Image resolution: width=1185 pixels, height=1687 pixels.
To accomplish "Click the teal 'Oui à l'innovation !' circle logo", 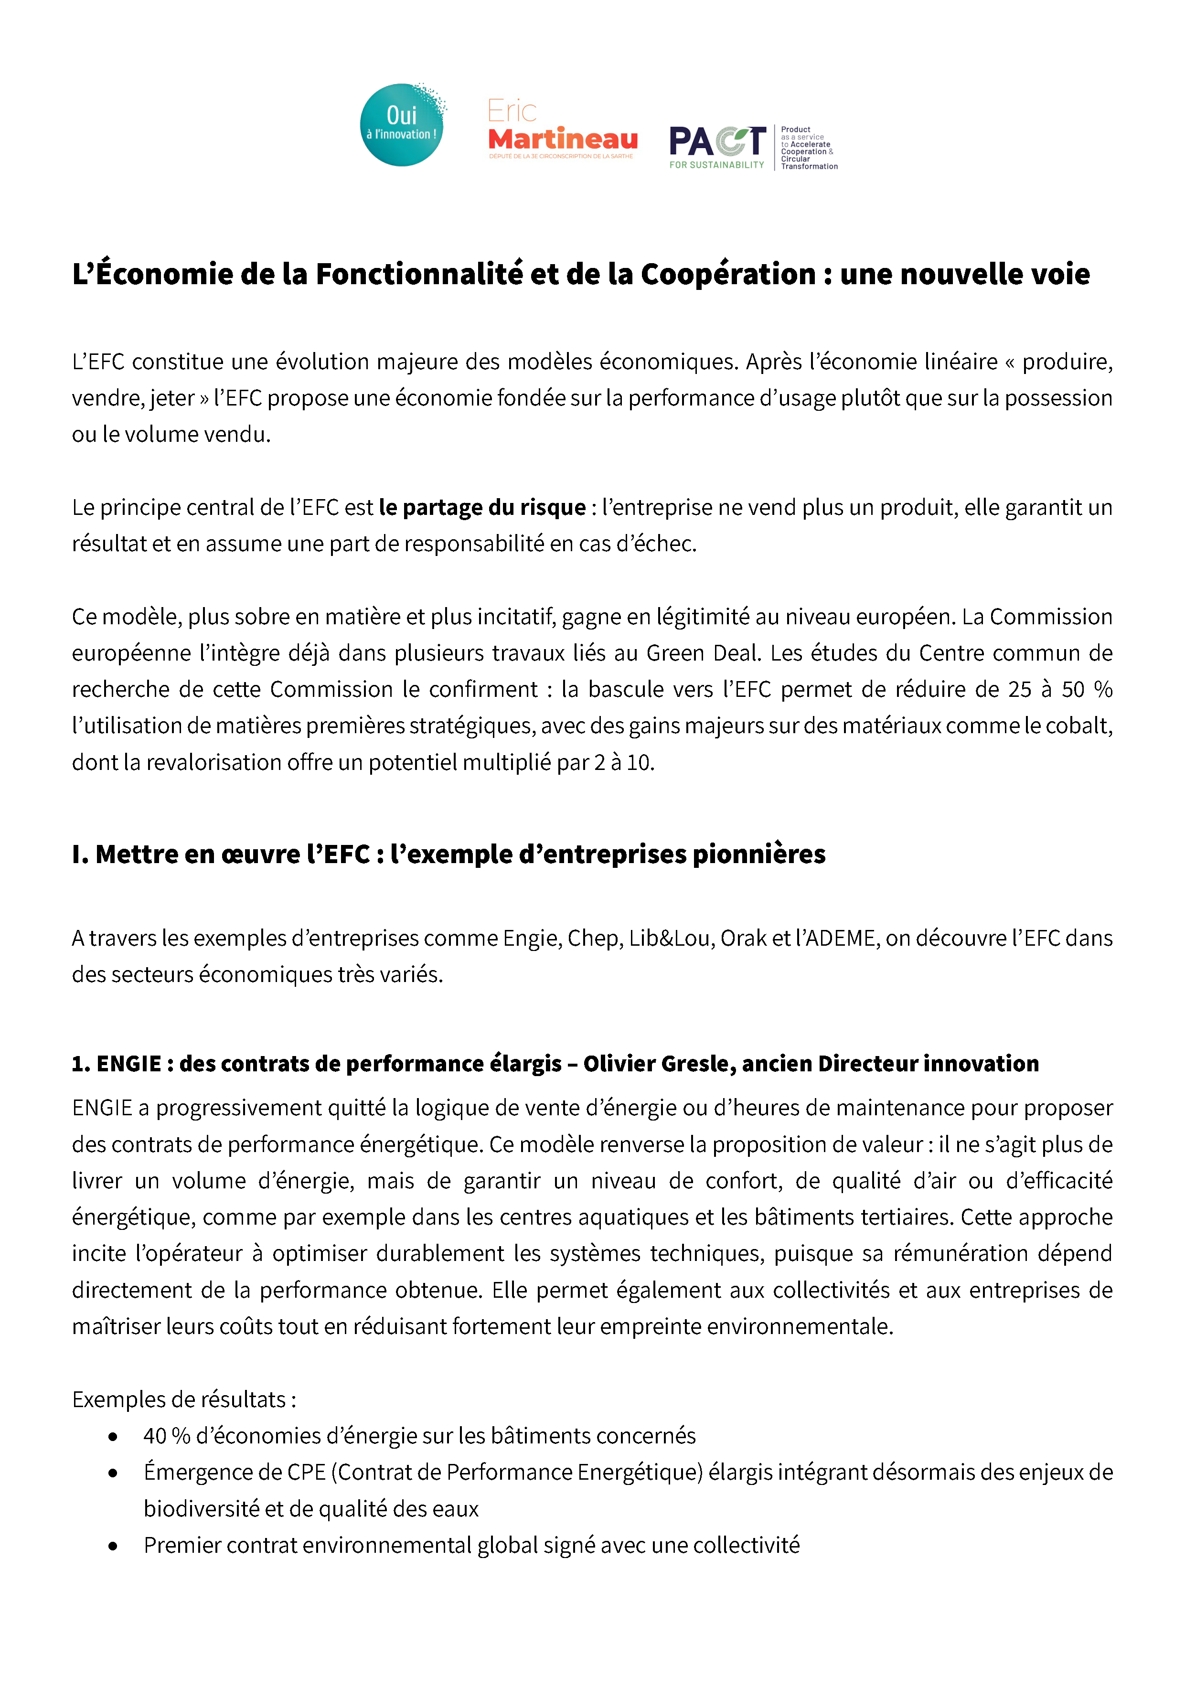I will click(x=402, y=125).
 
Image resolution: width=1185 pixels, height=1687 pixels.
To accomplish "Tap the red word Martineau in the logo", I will click(x=563, y=139).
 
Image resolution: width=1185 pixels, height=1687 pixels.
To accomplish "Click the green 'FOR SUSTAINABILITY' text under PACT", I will click(x=716, y=165).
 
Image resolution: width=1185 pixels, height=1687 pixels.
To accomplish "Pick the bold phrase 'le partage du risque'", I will click(x=482, y=508).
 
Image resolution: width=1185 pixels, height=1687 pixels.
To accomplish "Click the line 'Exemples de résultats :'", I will click(x=184, y=1400).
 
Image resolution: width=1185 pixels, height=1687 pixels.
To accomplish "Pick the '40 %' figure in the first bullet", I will click(x=167, y=1436).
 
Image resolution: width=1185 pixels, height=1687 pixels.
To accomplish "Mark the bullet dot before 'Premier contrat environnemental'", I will click(x=112, y=1546).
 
